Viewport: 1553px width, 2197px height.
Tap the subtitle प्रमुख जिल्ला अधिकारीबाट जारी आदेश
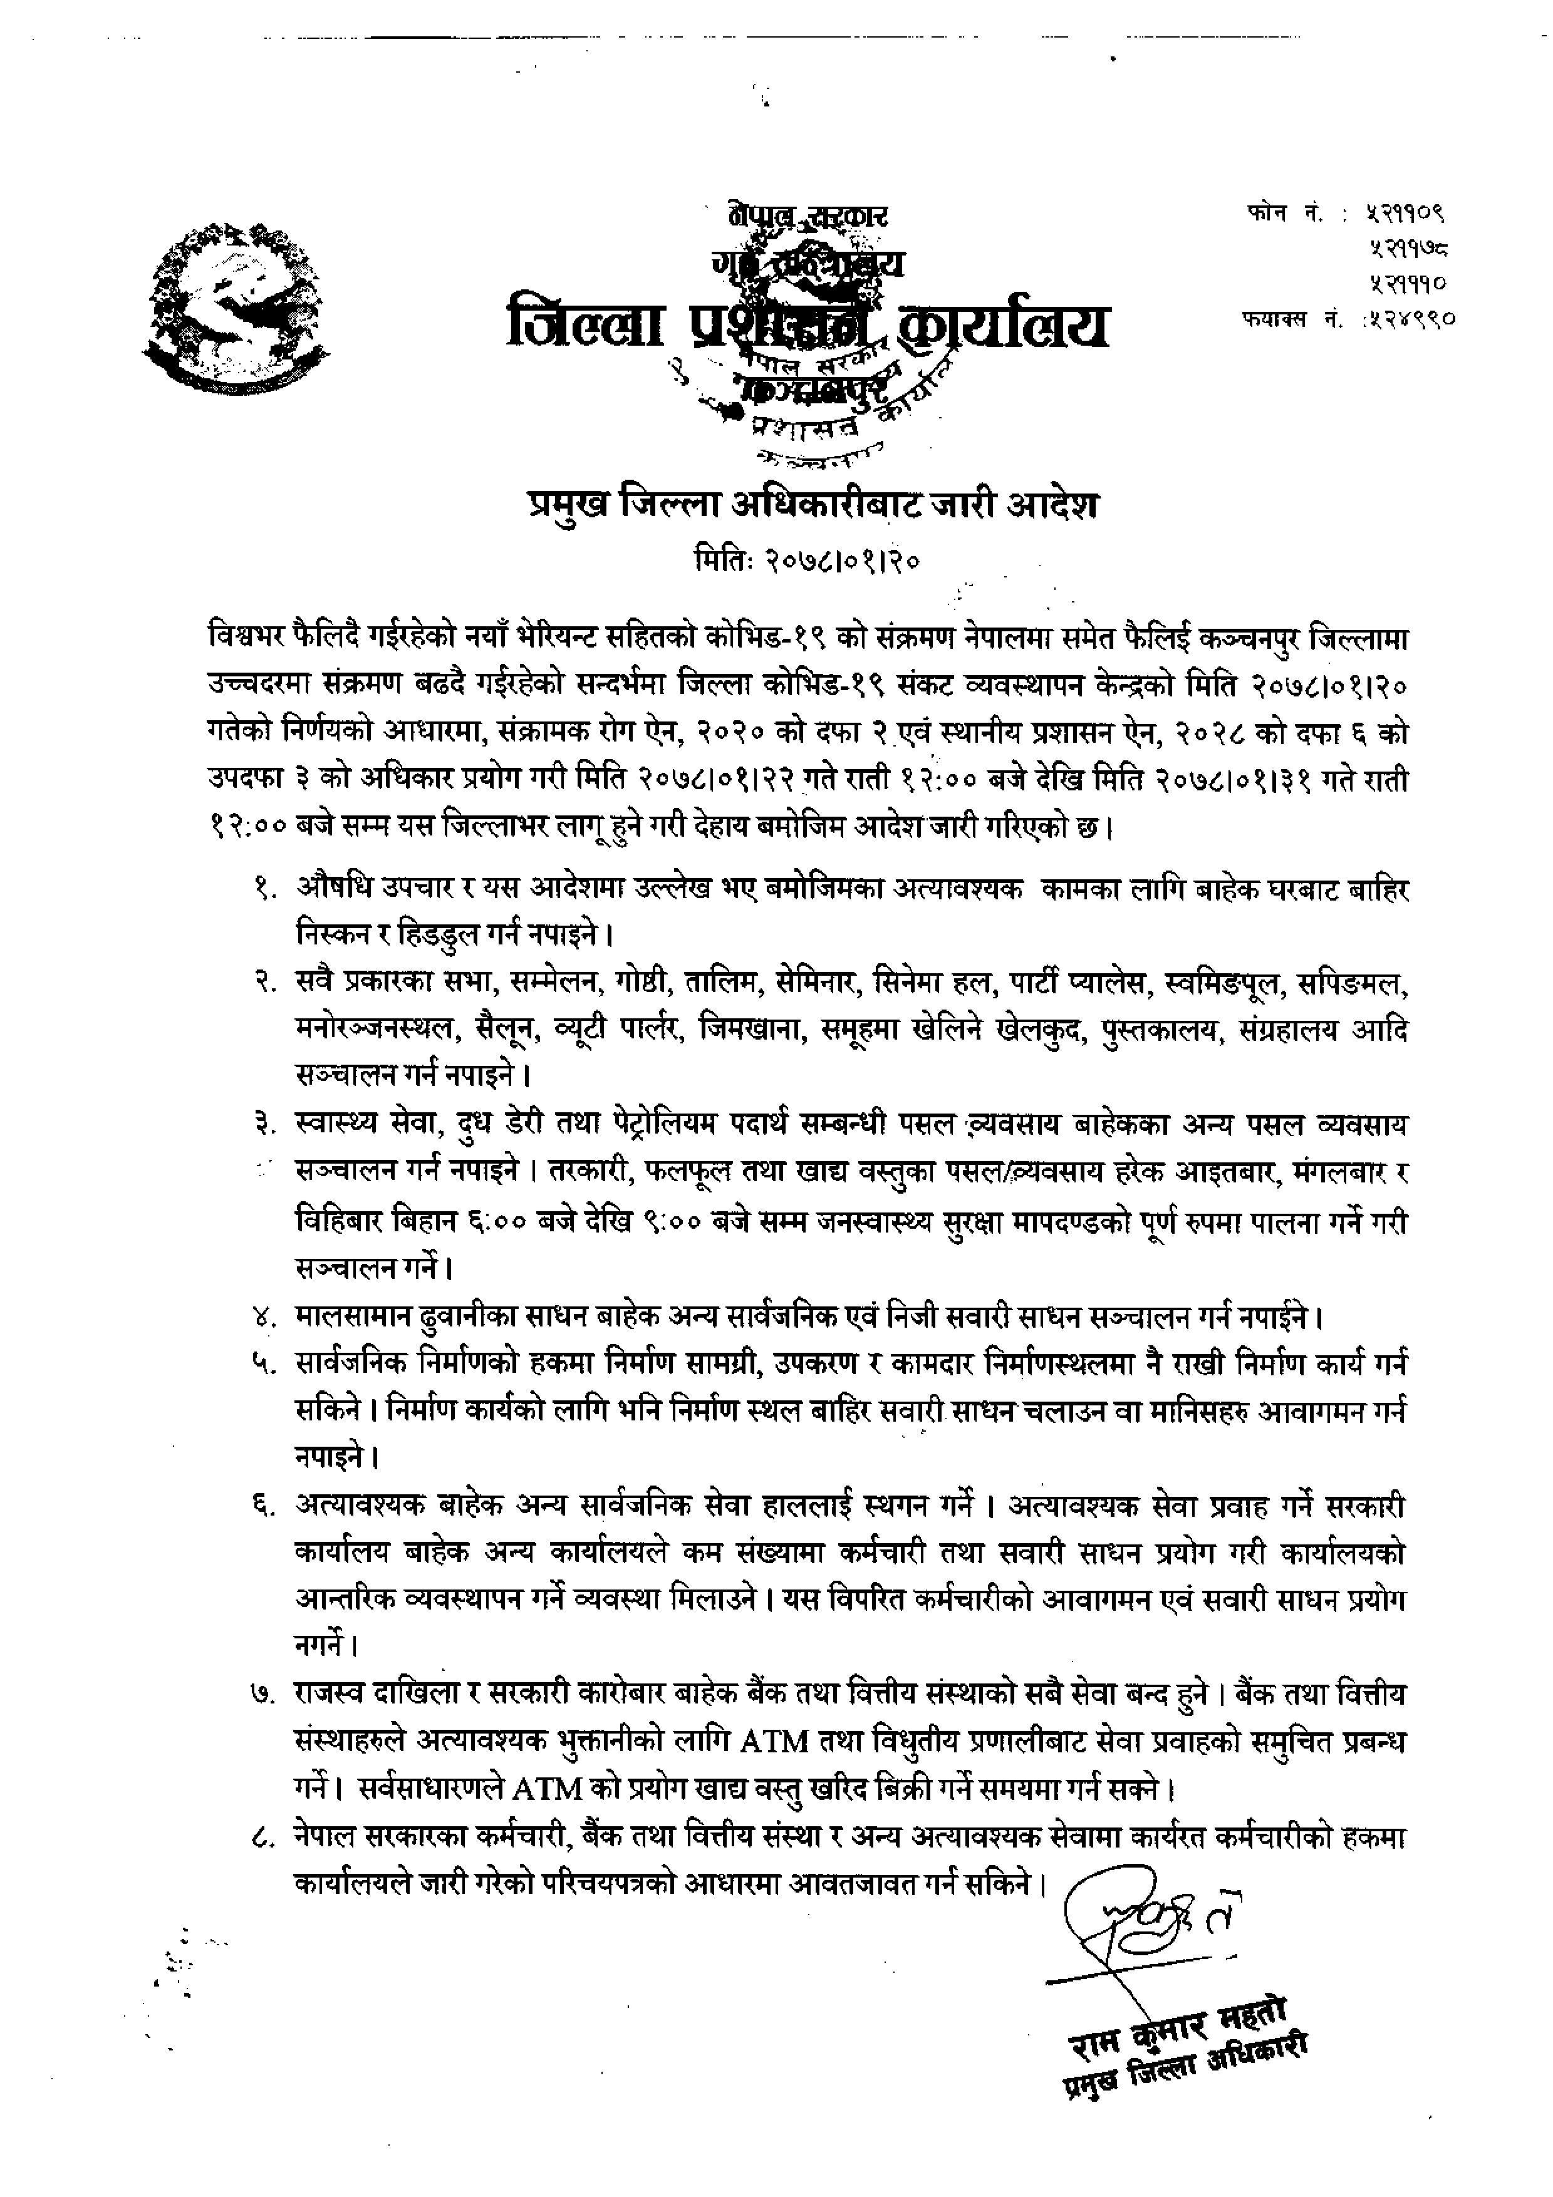tap(813, 504)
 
